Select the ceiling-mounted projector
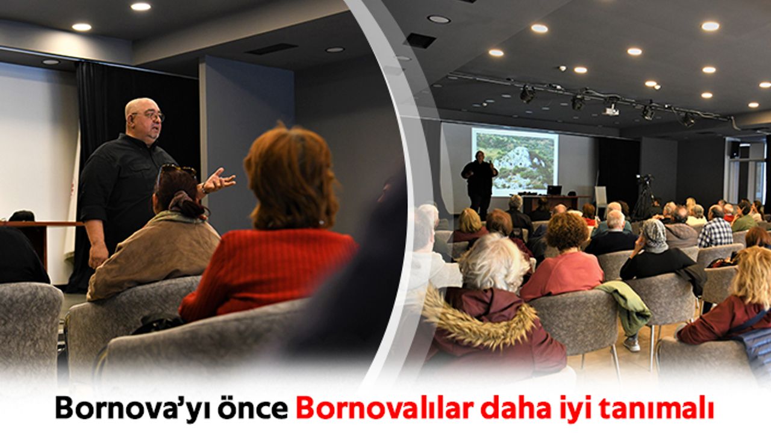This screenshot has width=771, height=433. click(613, 110)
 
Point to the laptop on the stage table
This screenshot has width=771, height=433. click(554, 190)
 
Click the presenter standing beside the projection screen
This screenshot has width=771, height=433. click(480, 184)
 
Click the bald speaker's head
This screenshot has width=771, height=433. click(145, 117)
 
